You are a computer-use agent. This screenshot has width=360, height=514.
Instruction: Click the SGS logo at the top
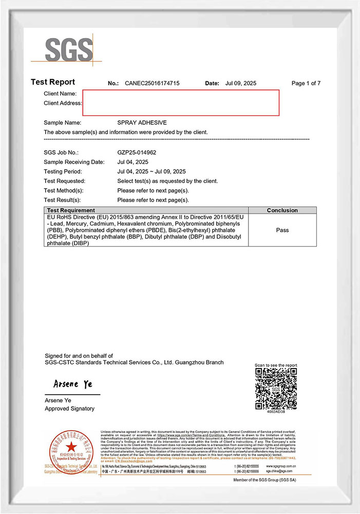tap(69, 49)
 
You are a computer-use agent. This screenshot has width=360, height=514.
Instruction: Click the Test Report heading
tap(53, 82)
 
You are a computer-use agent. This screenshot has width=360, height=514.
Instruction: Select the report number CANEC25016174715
tap(152, 83)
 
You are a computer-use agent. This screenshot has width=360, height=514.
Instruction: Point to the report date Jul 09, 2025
tap(240, 83)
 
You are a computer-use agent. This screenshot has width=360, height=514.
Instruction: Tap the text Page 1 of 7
tap(306, 83)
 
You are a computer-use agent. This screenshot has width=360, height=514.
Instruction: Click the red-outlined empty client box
tap(181, 102)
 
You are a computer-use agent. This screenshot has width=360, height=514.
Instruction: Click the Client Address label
tap(63, 103)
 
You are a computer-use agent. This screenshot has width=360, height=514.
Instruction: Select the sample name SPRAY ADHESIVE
tap(142, 123)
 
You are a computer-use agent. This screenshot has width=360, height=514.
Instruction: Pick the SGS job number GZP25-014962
tap(137, 153)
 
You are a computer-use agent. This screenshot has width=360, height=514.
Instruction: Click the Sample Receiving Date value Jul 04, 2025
tap(132, 162)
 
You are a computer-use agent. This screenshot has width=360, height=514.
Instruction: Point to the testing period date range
tap(151, 171)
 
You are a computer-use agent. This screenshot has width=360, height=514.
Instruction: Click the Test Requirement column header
tap(71, 210)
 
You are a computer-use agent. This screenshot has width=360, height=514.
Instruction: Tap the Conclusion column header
tap(282, 210)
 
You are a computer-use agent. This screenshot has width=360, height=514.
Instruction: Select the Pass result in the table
tap(282, 230)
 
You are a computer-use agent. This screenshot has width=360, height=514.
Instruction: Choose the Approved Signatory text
tap(69, 409)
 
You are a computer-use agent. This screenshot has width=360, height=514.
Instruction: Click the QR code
tap(276, 389)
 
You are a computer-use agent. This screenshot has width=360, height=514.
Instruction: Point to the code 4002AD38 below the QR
tap(276, 412)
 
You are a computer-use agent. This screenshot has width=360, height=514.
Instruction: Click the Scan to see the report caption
tap(276, 365)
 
